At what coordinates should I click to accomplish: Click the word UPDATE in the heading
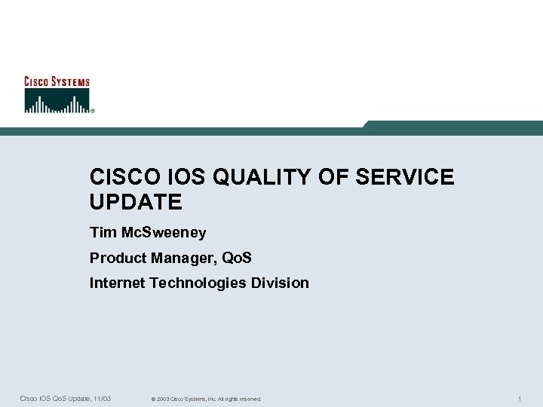pyautogui.click(x=136, y=202)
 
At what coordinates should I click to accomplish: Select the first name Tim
pyautogui.click(x=101, y=233)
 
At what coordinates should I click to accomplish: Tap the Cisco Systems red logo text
pyautogui.click(x=57, y=82)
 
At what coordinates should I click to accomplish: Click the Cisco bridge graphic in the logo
pyautogui.click(x=57, y=101)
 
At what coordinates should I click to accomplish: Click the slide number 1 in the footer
pyautogui.click(x=520, y=398)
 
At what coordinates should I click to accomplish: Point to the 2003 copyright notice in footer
pyautogui.click(x=206, y=399)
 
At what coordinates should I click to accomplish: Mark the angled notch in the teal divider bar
pyautogui.click(x=367, y=125)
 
